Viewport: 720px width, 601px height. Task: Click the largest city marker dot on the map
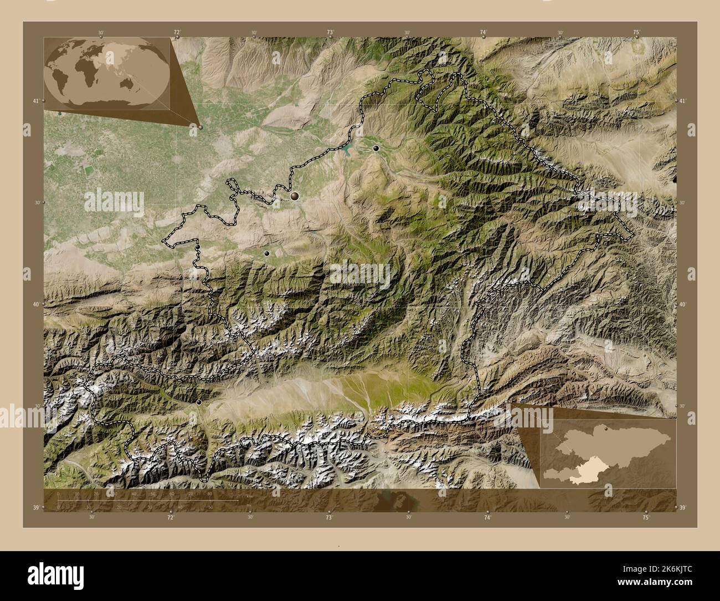[x=295, y=196]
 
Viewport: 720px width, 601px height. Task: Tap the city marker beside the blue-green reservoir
[x=376, y=148]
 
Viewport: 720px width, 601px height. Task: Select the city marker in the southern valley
[x=199, y=402]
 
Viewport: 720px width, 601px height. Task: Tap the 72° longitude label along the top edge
[x=177, y=33]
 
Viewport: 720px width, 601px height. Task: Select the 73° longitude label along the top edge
[x=330, y=33]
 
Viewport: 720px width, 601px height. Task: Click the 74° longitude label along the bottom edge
[x=487, y=517]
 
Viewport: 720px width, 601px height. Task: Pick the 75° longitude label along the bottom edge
[x=646, y=517]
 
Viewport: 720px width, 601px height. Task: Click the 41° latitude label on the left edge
[x=35, y=101]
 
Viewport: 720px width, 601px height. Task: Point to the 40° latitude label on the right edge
[x=683, y=304]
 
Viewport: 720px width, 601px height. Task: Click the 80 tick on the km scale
[x=209, y=493]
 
